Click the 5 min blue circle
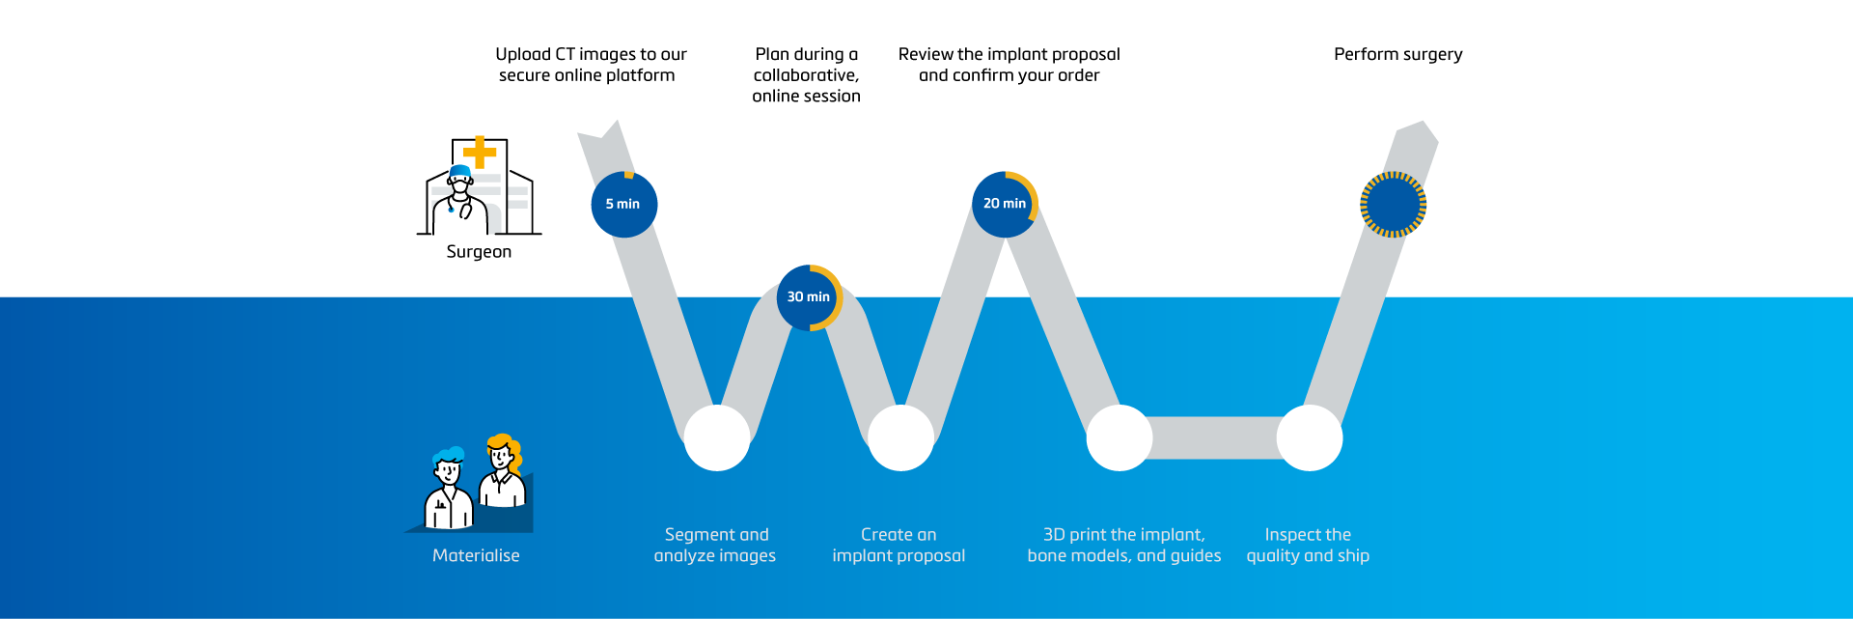[x=623, y=204]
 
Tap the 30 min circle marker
[x=809, y=297]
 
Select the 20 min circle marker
[x=1004, y=204]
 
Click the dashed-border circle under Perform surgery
[x=1393, y=205]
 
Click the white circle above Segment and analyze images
[x=717, y=437]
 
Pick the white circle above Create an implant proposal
[x=900, y=437]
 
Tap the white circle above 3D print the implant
[x=1120, y=437]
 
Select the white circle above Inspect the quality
[x=1310, y=437]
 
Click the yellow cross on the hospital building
[x=479, y=153]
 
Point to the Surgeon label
[x=479, y=252]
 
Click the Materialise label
[x=476, y=555]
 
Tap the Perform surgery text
[x=1397, y=54]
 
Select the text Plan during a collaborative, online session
[x=806, y=75]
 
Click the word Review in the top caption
[x=926, y=54]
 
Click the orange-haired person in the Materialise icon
[x=503, y=473]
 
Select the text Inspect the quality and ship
[x=1308, y=545]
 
